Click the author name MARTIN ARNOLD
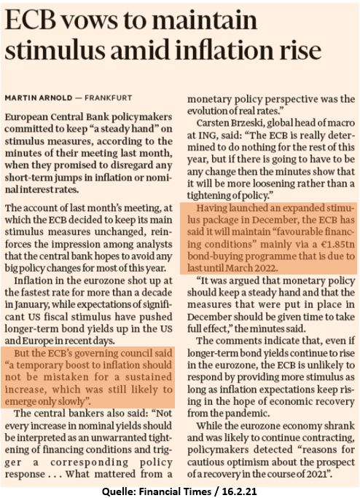coord(39,98)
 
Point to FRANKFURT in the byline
coord(108,98)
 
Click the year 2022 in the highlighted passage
coord(265,269)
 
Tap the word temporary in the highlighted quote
coord(34,365)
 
